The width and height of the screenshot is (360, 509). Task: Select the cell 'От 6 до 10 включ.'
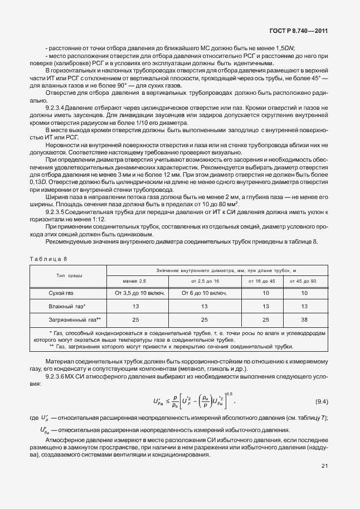pyautogui.click(x=204, y=292)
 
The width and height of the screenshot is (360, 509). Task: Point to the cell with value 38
pyautogui.click(x=304, y=319)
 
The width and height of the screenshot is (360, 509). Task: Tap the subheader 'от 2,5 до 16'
pyautogui.click(x=204, y=280)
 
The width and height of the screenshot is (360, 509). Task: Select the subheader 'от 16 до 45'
pyautogui.click(x=262, y=280)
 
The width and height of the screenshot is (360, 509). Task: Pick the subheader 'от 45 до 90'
pyautogui.click(x=304, y=280)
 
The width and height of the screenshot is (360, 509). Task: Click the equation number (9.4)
pyautogui.click(x=322, y=401)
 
